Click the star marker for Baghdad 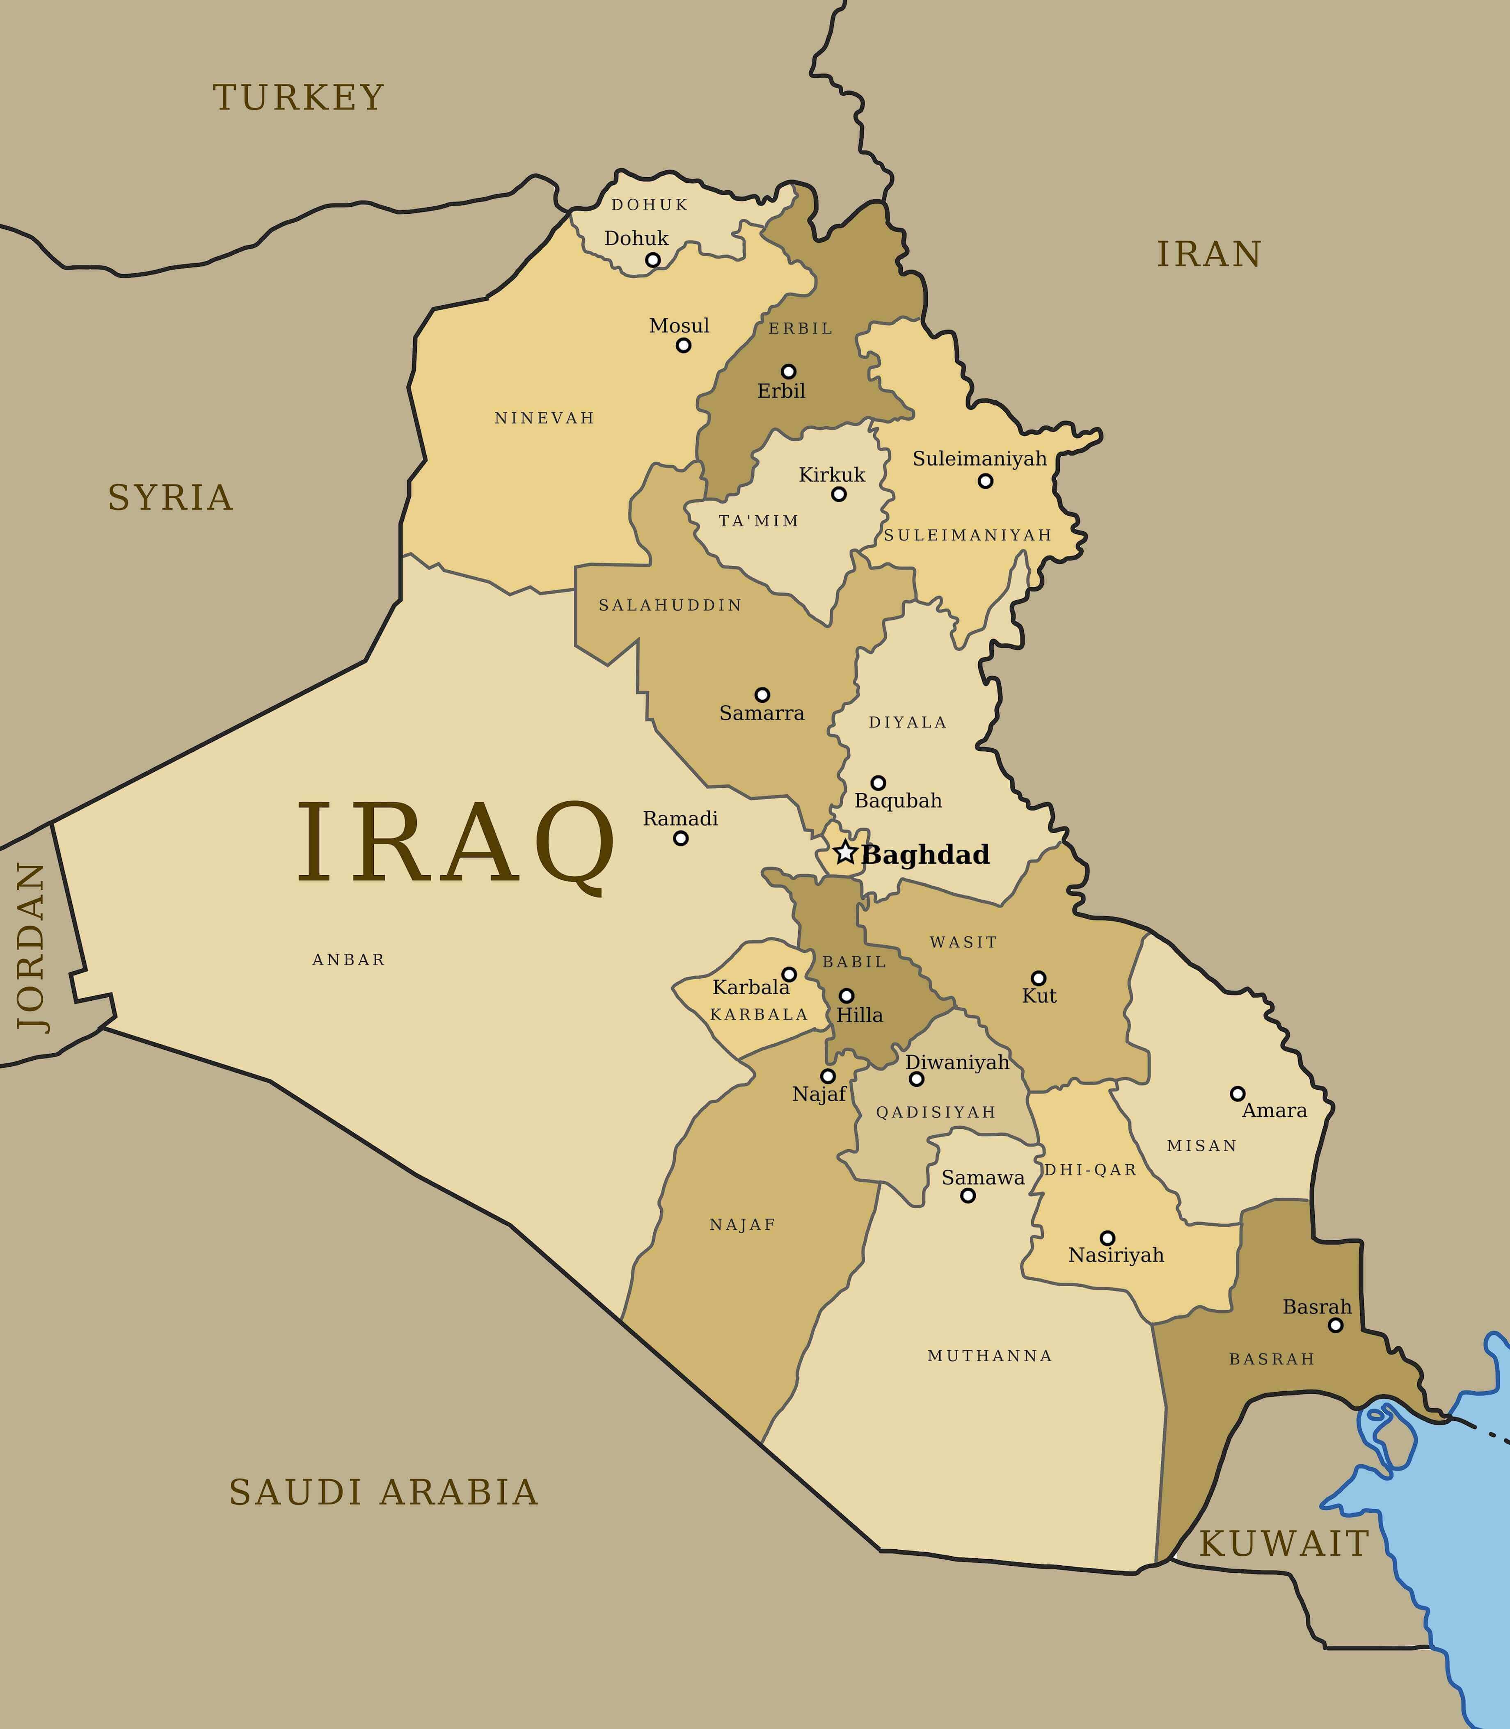(x=845, y=853)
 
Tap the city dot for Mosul (x=683, y=345)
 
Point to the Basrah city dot (x=1336, y=1325)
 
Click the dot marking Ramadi (x=681, y=838)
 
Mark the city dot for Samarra (x=762, y=695)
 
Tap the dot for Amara (x=1237, y=1094)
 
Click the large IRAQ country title (x=455, y=844)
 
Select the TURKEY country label (x=298, y=98)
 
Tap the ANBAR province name (x=349, y=960)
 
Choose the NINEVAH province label (x=545, y=418)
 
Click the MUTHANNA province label (x=990, y=1356)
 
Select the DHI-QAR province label (x=1090, y=1169)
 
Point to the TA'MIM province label (x=758, y=521)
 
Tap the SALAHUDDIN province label (x=670, y=605)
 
